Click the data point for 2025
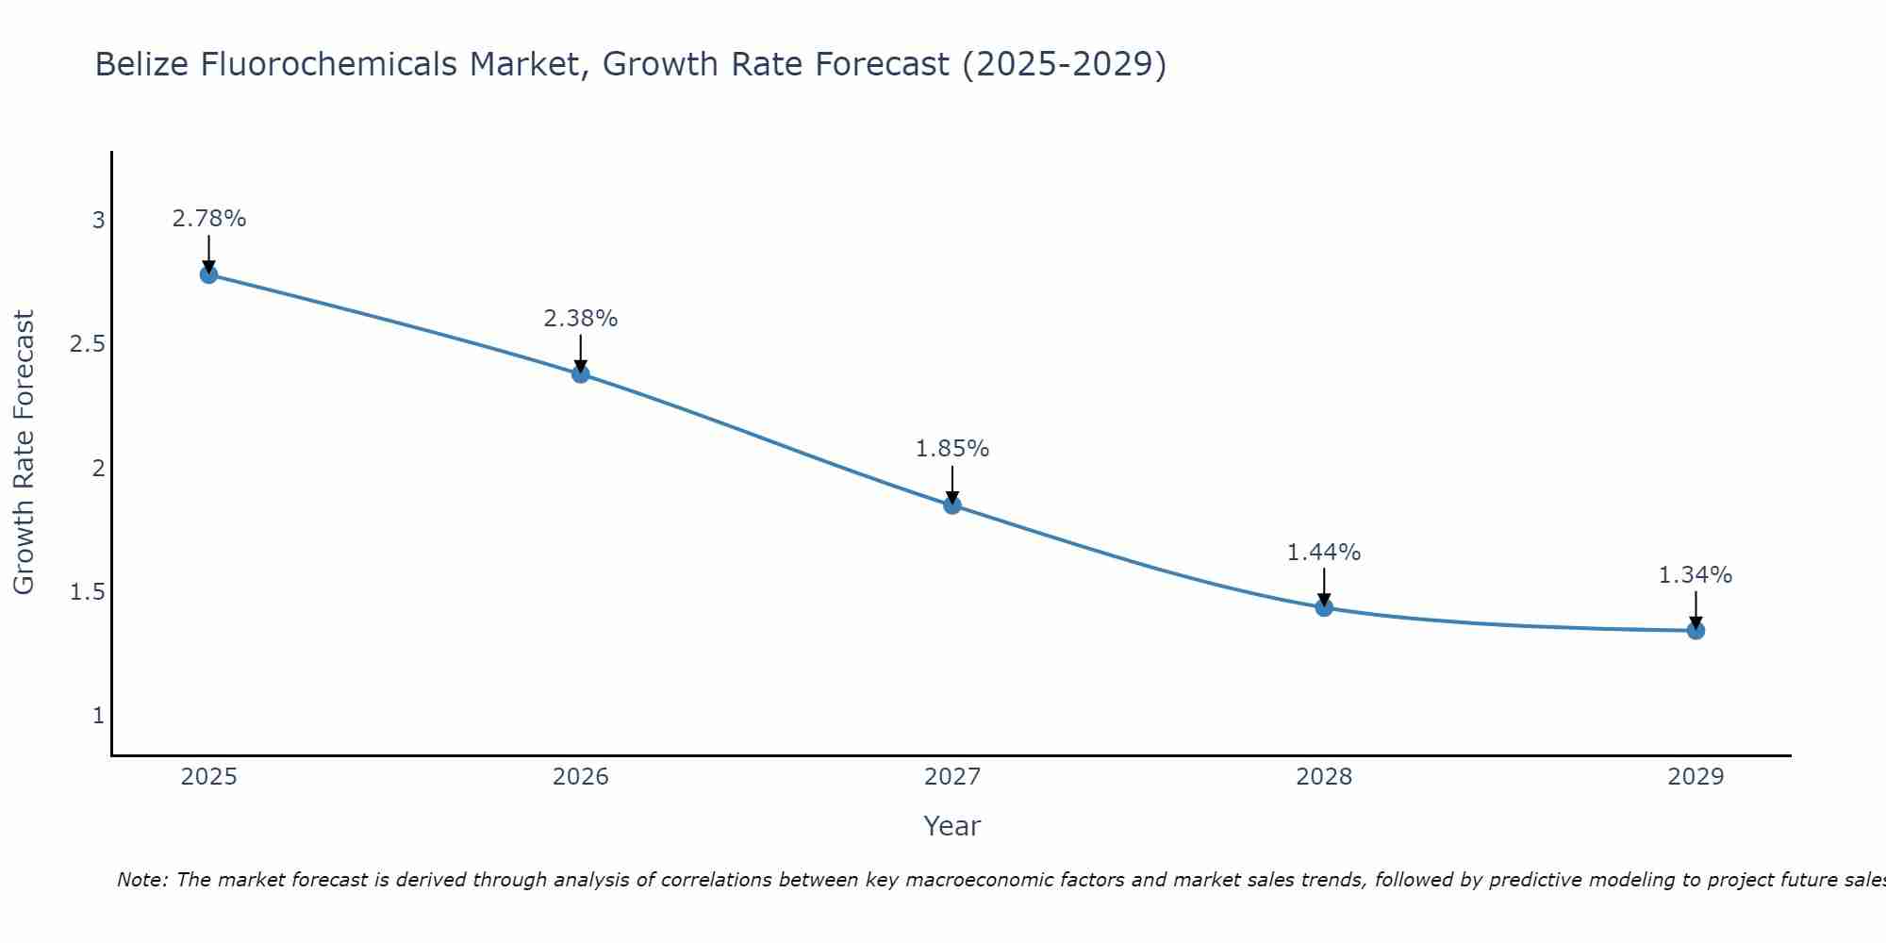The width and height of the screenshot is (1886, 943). tap(209, 274)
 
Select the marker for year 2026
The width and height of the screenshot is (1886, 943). tap(581, 373)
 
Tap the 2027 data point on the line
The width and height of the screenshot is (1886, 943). tap(952, 505)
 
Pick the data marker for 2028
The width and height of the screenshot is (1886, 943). tap(1324, 607)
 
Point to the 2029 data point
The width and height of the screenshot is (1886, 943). tap(1696, 631)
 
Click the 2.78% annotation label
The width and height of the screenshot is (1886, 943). tap(209, 219)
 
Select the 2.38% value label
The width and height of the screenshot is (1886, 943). tap(581, 319)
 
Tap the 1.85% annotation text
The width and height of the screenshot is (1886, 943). tap(952, 449)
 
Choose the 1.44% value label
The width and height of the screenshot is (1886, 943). tap(1324, 553)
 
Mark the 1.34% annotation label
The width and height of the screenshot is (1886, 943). tap(1696, 575)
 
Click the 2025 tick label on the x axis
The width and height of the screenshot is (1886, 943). tap(209, 777)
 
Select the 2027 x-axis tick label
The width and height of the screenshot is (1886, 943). tap(952, 777)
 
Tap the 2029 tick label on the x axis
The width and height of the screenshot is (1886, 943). tap(1696, 777)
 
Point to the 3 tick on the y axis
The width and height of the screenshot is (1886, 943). tap(98, 221)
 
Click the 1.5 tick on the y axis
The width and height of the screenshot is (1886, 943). tap(87, 592)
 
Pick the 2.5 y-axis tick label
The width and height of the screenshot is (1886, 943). tap(87, 344)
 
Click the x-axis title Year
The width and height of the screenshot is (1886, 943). tap(952, 826)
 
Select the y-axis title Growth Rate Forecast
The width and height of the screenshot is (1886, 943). tap(24, 453)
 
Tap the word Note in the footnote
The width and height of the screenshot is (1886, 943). tap(141, 880)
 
